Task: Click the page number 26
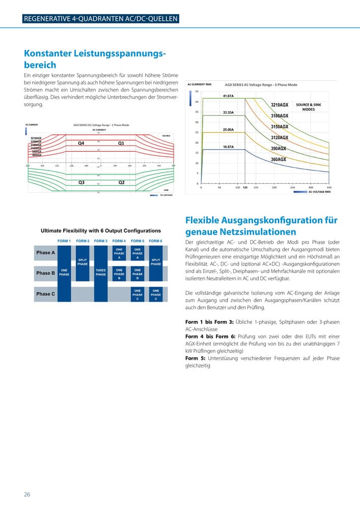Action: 27,494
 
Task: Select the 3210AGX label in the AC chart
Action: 280,105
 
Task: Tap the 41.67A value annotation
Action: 229,96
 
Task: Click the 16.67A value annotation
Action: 229,147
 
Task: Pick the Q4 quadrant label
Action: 81,144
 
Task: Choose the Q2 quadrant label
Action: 122,182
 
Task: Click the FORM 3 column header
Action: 101,241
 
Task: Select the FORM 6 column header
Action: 156,241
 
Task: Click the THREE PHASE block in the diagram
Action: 101,272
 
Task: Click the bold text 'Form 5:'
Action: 196,358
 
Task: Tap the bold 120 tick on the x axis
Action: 245,187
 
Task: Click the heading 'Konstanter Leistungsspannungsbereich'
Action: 95,59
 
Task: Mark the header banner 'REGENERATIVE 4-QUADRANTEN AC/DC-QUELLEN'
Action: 101,19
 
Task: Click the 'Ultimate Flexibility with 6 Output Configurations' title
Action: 101,231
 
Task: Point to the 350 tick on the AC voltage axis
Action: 329,187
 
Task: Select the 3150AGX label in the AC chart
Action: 280,127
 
